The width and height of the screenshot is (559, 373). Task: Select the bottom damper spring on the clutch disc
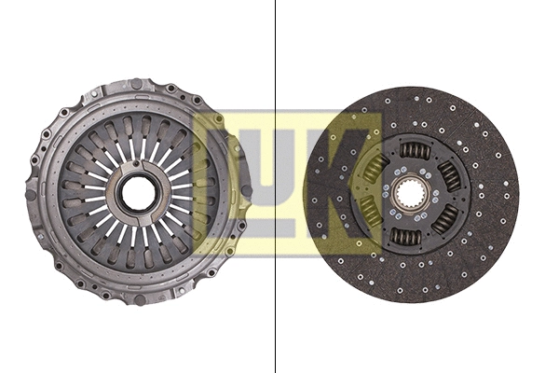pyautogui.click(x=407, y=237)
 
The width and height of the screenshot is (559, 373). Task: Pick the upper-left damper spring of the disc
pyautogui.click(x=375, y=169)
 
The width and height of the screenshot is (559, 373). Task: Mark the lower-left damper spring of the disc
pyautogui.click(x=371, y=214)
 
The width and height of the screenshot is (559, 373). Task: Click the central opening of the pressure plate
pyautogui.click(x=139, y=193)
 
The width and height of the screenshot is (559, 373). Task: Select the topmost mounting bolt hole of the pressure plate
pyautogui.click(x=137, y=85)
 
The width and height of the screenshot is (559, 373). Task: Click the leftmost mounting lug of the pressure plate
pyautogui.click(x=32, y=194)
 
